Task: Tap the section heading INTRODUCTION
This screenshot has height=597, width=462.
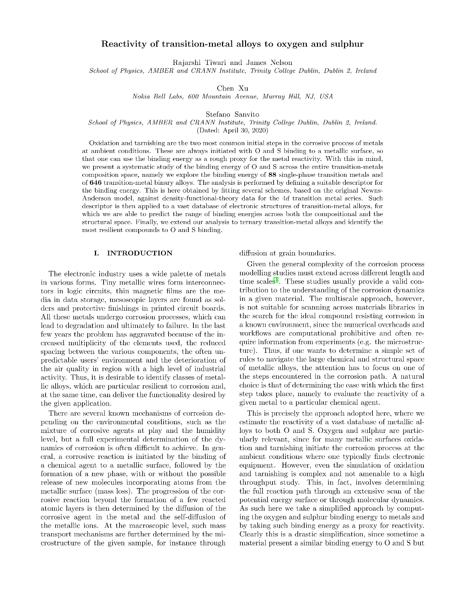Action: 140,253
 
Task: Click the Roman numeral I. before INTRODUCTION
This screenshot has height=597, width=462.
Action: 96,253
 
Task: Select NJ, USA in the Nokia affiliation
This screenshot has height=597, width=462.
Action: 318,97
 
